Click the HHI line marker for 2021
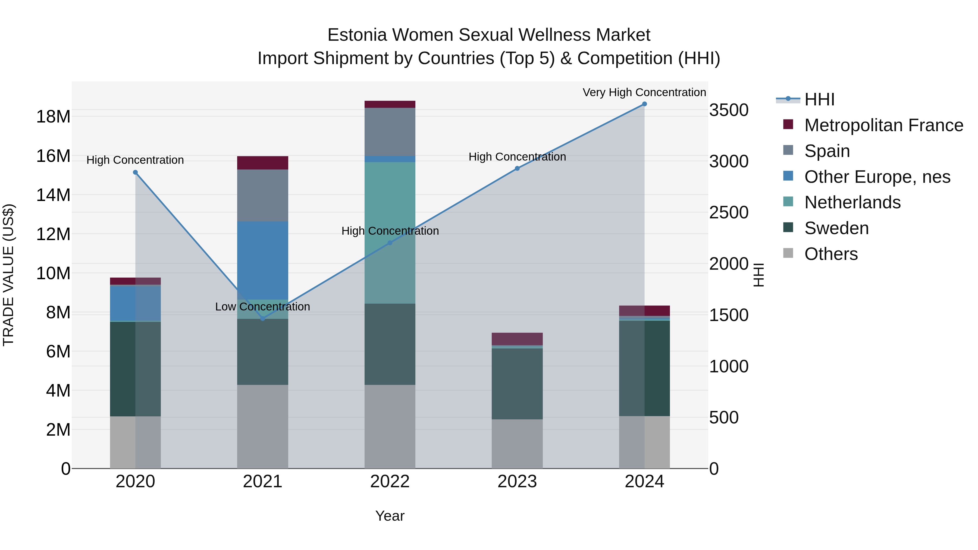262,319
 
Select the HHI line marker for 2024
644,104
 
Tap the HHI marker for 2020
135,172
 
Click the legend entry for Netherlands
852,202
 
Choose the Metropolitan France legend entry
883,125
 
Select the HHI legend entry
819,99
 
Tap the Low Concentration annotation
262,306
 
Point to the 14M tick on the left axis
53,195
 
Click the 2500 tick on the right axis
729,213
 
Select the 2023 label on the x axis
517,482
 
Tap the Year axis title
390,516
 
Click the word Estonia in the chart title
357,35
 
